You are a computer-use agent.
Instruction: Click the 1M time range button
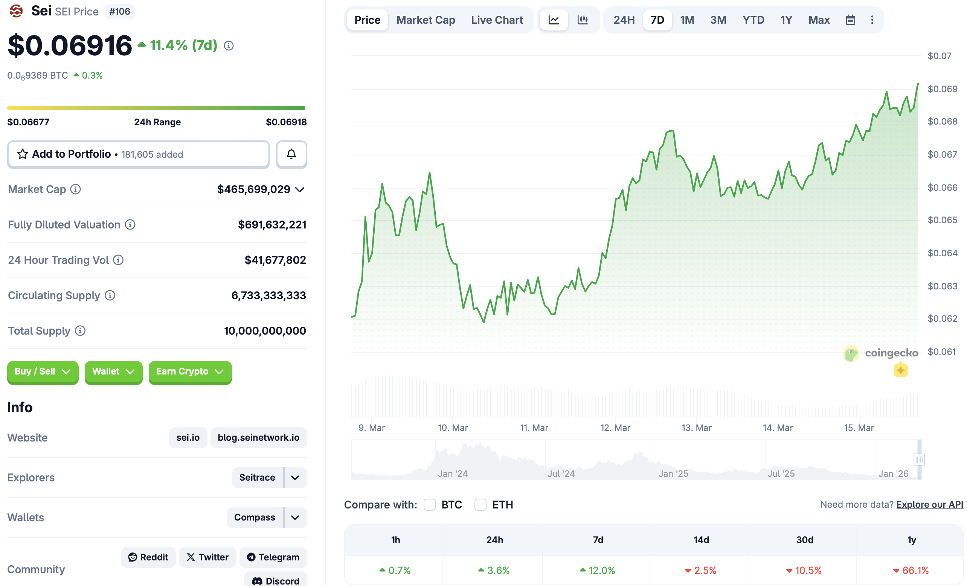tap(687, 20)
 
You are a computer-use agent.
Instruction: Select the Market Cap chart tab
tap(426, 20)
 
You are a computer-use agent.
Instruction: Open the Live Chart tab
tap(496, 20)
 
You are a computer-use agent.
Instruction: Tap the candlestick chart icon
tap(583, 20)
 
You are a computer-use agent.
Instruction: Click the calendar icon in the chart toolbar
tap(850, 20)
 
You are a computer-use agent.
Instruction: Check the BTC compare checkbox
tap(429, 504)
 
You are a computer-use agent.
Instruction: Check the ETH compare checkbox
tap(480, 504)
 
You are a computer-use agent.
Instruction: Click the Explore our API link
tap(929, 504)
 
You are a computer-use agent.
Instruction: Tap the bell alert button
tap(291, 154)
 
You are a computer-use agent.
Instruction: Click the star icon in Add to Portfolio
tap(23, 154)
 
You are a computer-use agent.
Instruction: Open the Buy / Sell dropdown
tap(43, 371)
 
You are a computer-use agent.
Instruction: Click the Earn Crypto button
tap(190, 371)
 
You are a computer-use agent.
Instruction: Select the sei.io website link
tap(188, 437)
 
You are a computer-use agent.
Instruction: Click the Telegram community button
tap(273, 557)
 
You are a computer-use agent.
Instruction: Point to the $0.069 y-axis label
tap(942, 89)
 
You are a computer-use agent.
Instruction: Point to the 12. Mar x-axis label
tap(615, 428)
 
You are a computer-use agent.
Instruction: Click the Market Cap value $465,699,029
tap(253, 189)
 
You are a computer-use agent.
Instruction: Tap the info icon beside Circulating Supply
tap(110, 295)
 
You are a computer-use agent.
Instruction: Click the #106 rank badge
tap(119, 11)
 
